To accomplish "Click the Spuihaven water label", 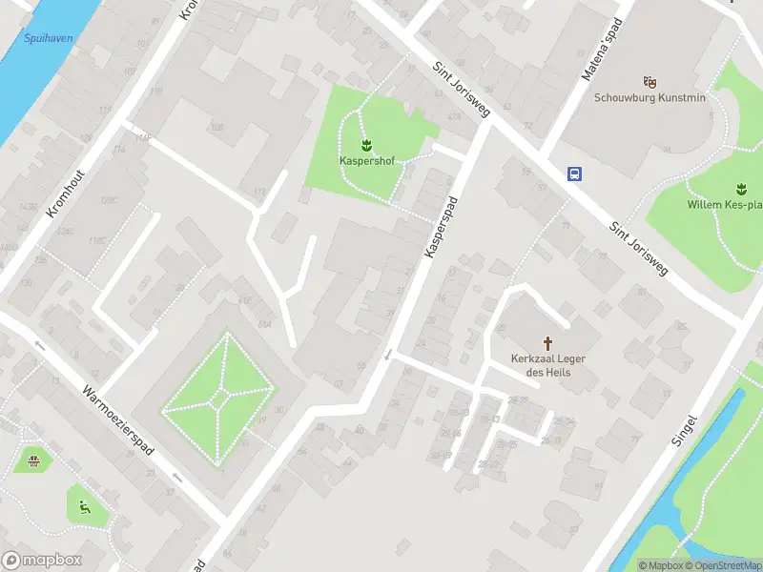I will click(x=48, y=39).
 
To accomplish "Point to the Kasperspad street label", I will click(x=442, y=226).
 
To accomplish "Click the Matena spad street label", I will click(x=601, y=49).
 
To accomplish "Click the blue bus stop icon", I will click(x=575, y=174).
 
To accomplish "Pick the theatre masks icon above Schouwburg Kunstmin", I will click(x=650, y=81).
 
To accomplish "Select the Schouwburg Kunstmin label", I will click(x=650, y=96).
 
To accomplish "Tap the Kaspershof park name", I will click(x=367, y=160).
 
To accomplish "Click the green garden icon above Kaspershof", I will click(x=367, y=145).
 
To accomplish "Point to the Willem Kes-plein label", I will click(x=725, y=204).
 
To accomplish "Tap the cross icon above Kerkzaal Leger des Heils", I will click(x=548, y=342).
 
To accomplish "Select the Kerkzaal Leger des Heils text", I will click(x=548, y=365).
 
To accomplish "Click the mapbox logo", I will click(x=42, y=561).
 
